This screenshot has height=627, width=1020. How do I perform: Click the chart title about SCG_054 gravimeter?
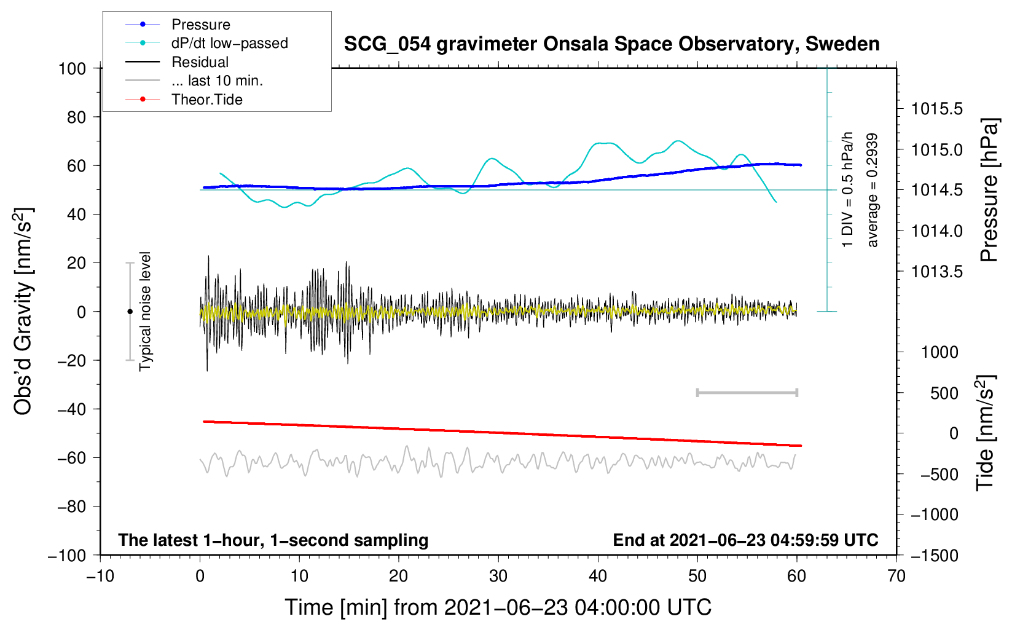pos(611,44)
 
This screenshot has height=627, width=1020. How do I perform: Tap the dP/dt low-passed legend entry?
pos(229,43)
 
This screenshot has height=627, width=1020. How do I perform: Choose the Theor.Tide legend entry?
pos(206,100)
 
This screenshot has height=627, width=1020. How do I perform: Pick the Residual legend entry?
pos(200,62)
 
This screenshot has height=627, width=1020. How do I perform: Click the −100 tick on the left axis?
pos(67,555)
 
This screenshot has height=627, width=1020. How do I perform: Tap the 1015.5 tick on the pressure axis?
pos(937,109)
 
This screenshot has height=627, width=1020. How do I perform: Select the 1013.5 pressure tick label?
pos(937,272)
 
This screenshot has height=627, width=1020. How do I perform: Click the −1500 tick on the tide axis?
pos(935,555)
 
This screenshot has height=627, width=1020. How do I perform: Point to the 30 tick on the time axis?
pos(498,576)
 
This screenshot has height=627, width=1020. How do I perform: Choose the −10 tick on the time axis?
pos(100,576)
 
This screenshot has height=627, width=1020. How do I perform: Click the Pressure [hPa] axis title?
pos(989,190)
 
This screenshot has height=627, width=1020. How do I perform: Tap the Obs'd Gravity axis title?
pos(23,311)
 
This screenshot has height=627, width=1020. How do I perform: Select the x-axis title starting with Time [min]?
pos(498,607)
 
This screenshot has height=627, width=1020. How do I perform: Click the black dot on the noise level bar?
pos(130,312)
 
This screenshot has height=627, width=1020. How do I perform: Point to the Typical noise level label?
pos(145,311)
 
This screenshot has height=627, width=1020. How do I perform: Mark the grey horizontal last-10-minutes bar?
pos(747,392)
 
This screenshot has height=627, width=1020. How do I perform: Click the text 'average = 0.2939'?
pos(873,190)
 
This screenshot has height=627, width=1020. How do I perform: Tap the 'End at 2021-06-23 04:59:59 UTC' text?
pos(745,540)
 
